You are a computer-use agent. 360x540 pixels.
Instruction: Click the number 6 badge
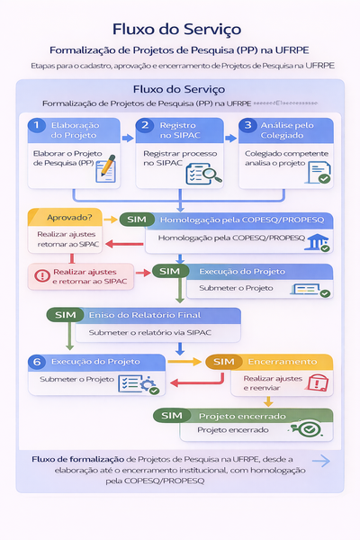point(37,362)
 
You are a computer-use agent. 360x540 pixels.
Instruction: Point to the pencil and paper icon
point(106,168)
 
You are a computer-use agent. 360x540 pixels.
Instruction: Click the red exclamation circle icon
point(41,276)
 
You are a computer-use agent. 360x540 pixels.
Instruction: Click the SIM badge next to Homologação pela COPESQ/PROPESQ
point(137,220)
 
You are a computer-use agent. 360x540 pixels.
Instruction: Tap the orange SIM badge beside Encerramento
point(224,362)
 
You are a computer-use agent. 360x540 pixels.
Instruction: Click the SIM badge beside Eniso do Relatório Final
point(65,315)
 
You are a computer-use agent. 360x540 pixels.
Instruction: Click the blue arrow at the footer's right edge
point(319,461)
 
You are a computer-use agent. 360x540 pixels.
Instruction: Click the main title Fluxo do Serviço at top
point(179,29)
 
